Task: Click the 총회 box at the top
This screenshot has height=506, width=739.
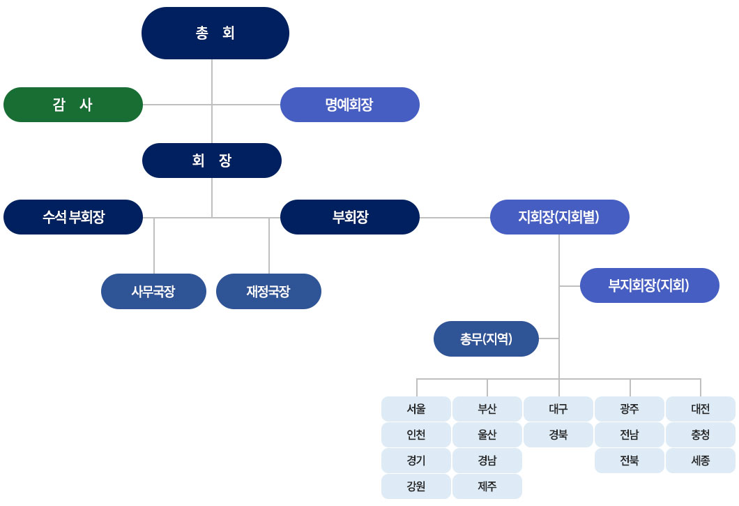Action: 215,33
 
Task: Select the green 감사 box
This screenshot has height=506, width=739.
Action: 73,105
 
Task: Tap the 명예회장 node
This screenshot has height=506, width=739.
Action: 349,105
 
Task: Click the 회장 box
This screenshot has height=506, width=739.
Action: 211,161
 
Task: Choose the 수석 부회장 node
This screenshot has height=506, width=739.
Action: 73,217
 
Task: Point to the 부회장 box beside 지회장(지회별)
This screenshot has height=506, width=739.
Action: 349,217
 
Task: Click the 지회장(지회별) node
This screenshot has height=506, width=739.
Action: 559,217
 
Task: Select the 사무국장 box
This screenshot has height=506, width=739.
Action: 153,291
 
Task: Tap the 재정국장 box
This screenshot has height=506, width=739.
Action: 268,291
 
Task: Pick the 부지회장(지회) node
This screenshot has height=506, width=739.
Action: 649,285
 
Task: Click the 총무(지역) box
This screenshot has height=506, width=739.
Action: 486,339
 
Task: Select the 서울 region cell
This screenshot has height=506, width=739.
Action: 416,409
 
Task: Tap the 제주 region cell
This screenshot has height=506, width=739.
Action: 487,486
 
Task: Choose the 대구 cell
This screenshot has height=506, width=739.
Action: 558,409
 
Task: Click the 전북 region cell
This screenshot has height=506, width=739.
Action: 630,461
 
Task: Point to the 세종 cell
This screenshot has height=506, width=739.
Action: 701,461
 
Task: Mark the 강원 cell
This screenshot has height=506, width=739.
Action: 416,486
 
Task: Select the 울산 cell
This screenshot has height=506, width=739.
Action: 487,435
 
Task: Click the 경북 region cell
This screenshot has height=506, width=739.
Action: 558,435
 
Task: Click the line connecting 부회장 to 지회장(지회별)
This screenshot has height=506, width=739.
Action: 455,218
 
